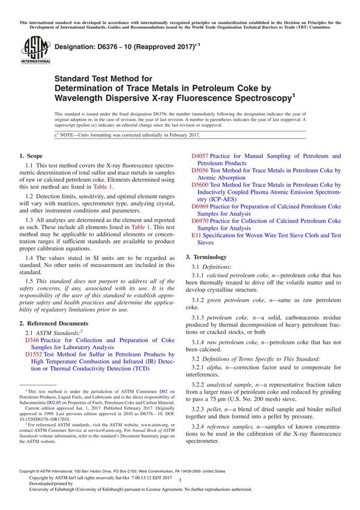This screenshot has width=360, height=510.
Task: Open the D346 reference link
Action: coord(32,339)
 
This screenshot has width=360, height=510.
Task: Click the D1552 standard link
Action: coord(34,355)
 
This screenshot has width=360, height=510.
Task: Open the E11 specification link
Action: coord(196,235)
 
